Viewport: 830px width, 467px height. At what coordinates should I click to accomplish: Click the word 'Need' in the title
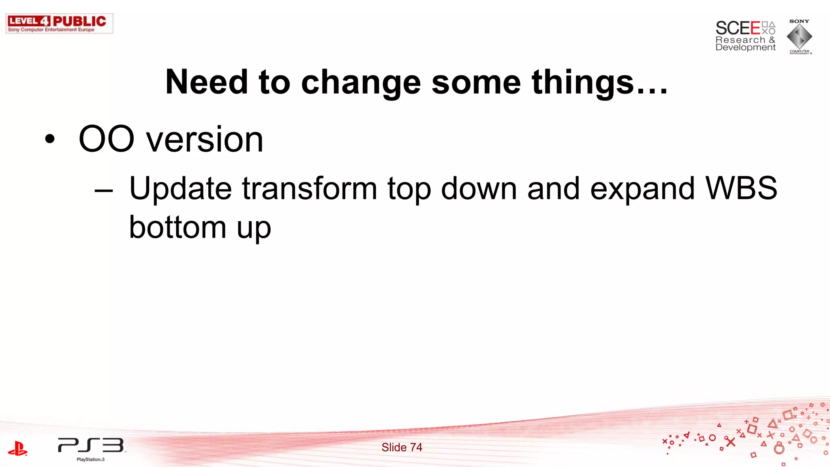point(207,82)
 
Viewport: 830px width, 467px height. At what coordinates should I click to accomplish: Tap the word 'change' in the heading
point(361,82)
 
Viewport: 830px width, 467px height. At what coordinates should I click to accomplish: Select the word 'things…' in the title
point(599,82)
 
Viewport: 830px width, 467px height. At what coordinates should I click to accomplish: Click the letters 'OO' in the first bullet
point(106,139)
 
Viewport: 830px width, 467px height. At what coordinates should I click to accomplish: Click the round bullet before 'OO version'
point(50,139)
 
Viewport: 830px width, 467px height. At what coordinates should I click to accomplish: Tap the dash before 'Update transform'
point(103,189)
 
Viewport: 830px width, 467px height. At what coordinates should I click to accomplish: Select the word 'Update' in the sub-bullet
point(180,189)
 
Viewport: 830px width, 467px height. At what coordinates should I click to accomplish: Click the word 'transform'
point(310,189)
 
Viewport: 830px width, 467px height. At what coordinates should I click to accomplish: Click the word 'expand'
point(642,189)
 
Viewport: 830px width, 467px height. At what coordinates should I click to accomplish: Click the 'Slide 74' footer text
point(402,447)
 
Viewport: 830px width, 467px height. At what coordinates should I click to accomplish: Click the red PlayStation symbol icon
point(17,449)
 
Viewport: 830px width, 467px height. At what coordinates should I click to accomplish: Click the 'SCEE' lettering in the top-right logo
point(738,28)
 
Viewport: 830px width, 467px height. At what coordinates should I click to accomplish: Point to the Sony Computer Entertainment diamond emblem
point(799,36)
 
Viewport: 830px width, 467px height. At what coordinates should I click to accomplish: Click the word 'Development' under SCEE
point(745,47)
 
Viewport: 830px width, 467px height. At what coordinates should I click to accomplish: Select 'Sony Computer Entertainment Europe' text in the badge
point(51,30)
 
